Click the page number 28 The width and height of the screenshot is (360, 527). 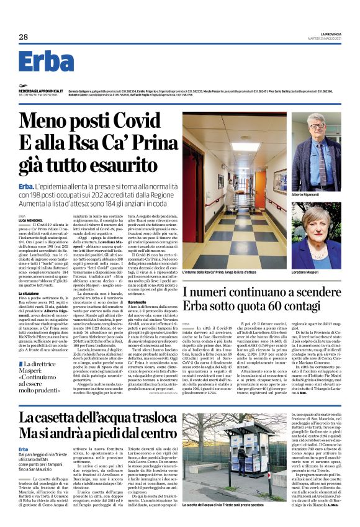click(x=23, y=37)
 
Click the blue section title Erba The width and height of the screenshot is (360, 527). click(x=46, y=61)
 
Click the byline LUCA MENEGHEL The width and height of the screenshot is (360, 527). click(x=29, y=220)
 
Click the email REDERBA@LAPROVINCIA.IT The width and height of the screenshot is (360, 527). click(x=38, y=91)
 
